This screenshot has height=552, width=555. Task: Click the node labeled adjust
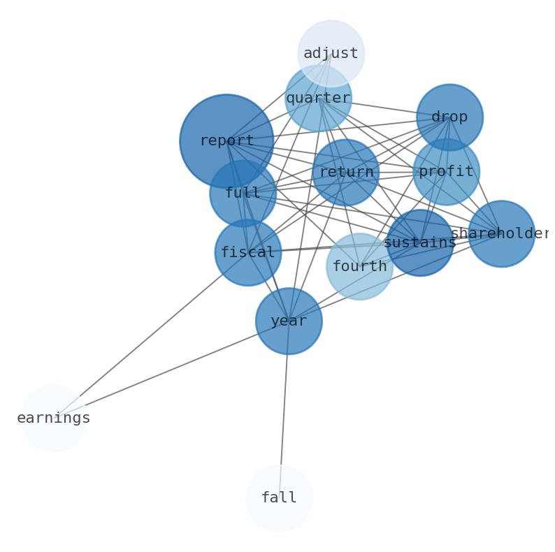(x=331, y=53)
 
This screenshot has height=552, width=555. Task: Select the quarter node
(x=318, y=98)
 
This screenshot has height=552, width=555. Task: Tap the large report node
(x=226, y=141)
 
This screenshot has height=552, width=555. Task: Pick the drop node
(x=449, y=117)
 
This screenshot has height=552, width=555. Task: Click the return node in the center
(x=345, y=172)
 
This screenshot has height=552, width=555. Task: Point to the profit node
(x=446, y=171)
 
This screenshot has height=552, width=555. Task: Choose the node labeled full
(x=243, y=194)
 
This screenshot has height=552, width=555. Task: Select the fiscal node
(x=247, y=252)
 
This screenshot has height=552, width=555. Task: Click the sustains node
(x=419, y=242)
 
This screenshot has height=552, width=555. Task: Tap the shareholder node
(x=501, y=233)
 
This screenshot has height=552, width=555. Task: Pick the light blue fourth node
(x=359, y=266)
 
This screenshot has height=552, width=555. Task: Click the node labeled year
(x=289, y=321)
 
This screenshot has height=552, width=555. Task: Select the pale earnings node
(x=54, y=418)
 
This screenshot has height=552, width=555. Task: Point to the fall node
(x=279, y=497)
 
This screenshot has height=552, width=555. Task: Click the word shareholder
(x=500, y=233)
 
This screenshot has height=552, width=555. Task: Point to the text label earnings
(x=54, y=418)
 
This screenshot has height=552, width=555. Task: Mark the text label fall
(x=279, y=497)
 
